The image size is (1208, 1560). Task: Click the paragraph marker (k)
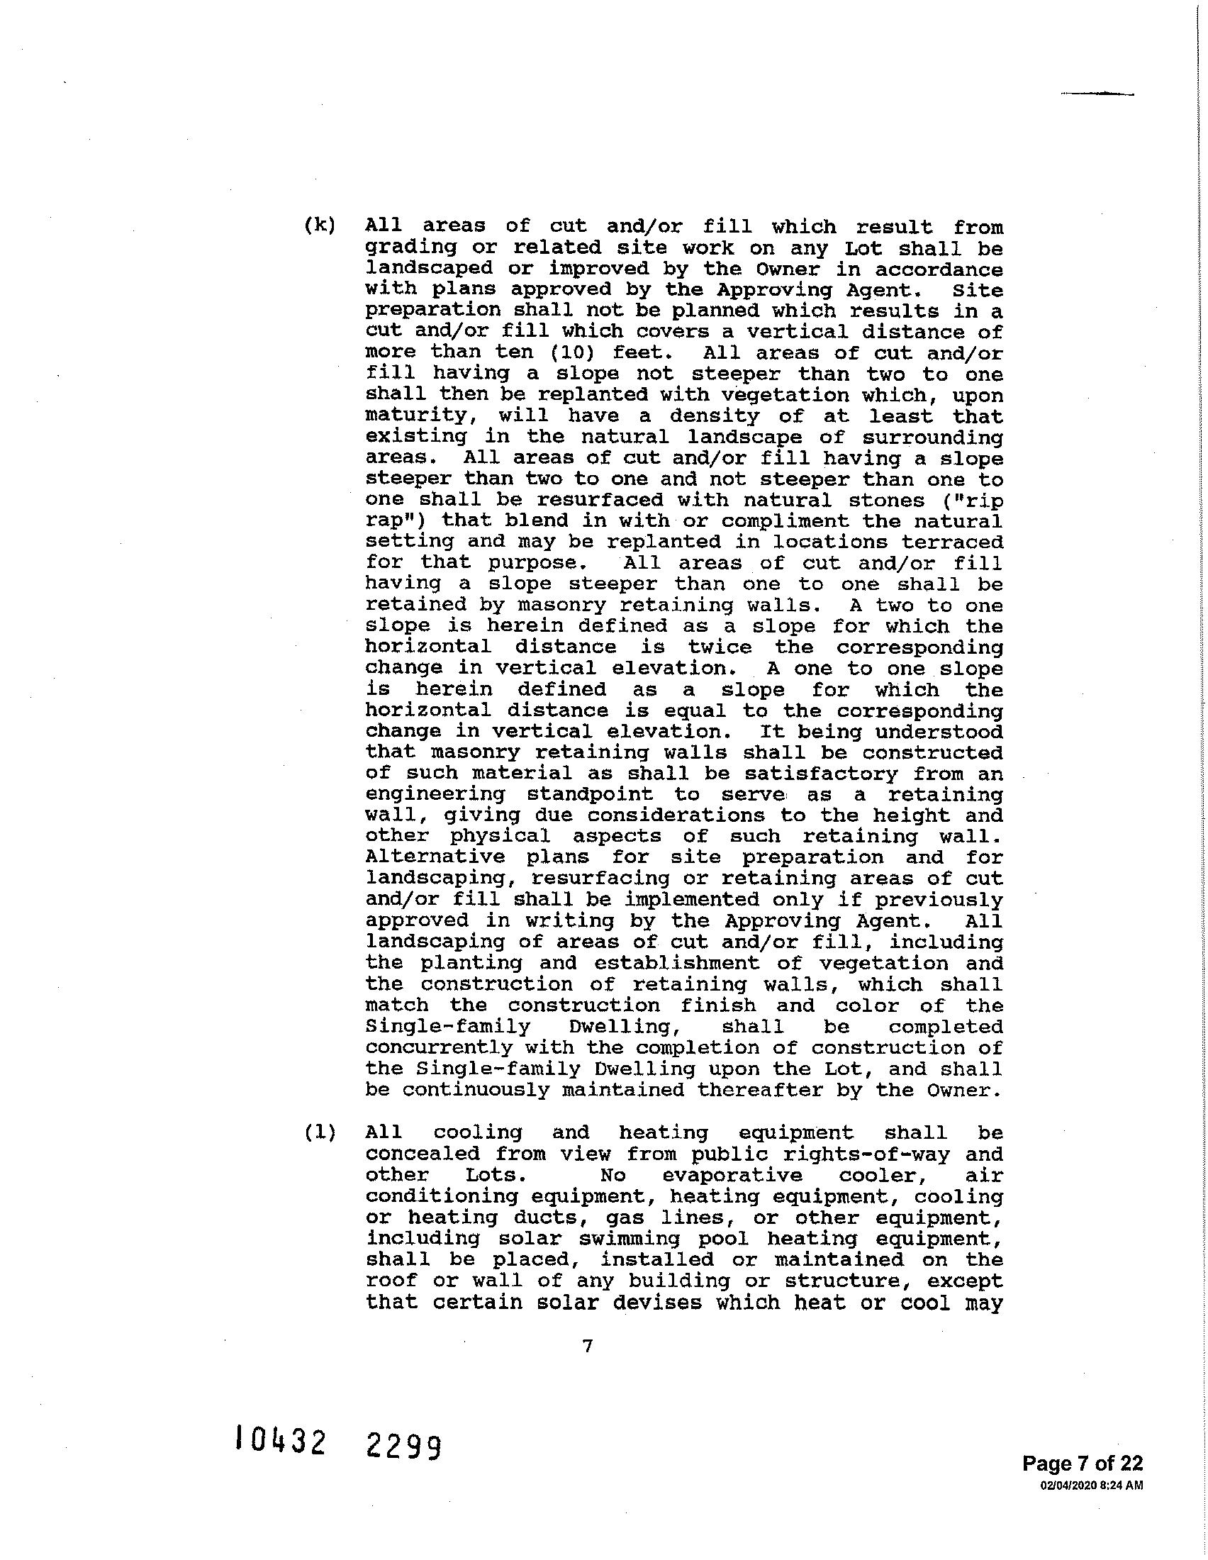pos(319,225)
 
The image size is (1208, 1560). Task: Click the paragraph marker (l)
pos(319,1133)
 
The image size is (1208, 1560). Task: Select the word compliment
pos(785,520)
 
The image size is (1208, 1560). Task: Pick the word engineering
pos(435,794)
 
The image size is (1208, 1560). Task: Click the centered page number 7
pos(587,1347)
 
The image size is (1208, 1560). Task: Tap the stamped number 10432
pos(281,1441)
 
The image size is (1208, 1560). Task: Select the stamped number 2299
pos(403,1447)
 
